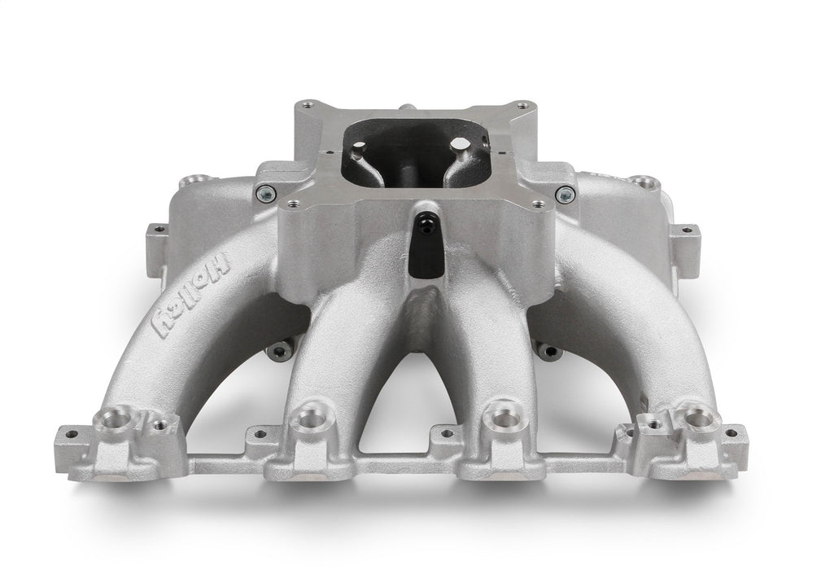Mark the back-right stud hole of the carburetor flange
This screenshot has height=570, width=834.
(522, 105)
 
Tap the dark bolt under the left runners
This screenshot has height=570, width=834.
(278, 352)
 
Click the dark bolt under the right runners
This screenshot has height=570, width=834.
(549, 352)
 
